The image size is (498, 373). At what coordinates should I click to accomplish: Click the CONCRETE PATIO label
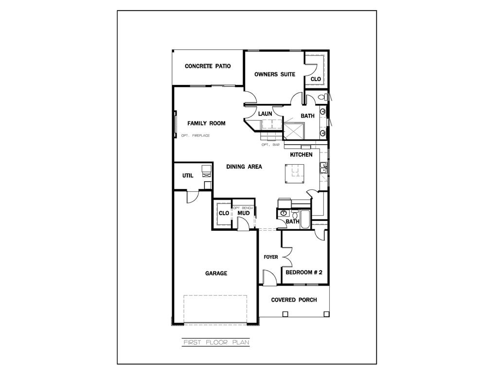(x=208, y=66)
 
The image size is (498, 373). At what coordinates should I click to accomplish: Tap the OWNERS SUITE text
(x=275, y=74)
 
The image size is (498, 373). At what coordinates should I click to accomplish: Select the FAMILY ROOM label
(x=206, y=123)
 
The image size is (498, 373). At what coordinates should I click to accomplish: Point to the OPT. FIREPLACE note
(x=196, y=136)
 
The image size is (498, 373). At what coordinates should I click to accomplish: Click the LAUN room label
(x=265, y=114)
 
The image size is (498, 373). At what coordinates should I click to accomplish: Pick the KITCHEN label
(x=301, y=155)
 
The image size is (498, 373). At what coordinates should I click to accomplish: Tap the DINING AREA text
(x=244, y=167)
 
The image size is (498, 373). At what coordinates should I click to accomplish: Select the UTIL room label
(x=188, y=176)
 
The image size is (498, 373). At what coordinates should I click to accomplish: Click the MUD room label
(x=244, y=213)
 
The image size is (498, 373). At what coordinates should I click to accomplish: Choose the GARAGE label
(x=216, y=273)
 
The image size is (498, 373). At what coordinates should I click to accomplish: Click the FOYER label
(x=271, y=257)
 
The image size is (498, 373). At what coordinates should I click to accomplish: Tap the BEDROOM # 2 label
(x=304, y=272)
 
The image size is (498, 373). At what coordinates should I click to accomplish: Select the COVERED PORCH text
(x=294, y=300)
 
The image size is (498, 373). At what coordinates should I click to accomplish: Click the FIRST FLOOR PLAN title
(x=216, y=342)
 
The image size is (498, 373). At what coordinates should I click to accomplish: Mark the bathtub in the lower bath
(x=305, y=219)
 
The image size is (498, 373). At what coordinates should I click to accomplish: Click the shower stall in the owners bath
(x=294, y=131)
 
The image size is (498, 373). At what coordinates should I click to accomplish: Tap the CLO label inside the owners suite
(x=316, y=79)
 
